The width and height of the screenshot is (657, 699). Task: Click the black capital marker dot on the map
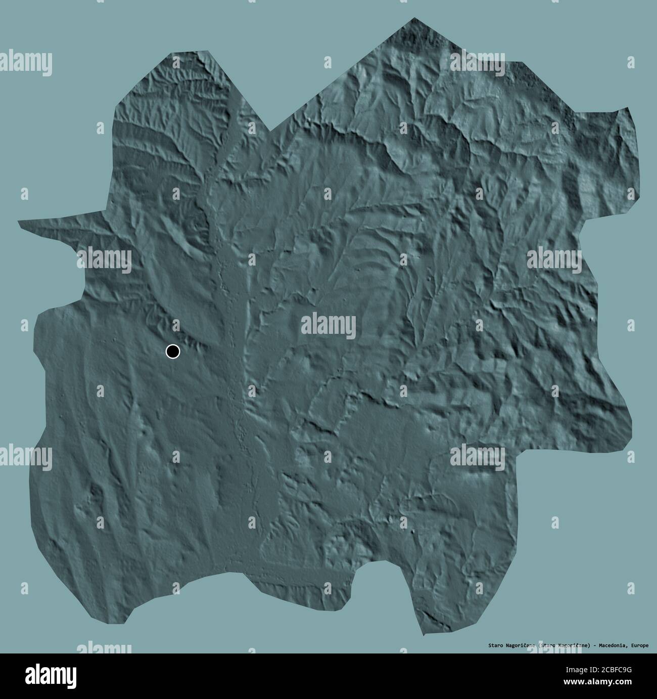(173, 351)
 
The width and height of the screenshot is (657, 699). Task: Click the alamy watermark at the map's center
(329, 325)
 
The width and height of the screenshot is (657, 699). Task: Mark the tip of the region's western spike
(19, 222)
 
